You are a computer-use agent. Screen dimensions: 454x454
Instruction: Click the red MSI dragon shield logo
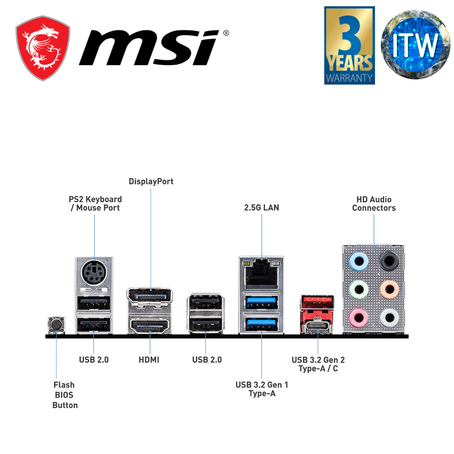coord(43,48)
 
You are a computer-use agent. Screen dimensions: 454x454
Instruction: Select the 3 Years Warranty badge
coord(349,45)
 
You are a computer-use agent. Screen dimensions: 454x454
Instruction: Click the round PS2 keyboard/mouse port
coord(94,273)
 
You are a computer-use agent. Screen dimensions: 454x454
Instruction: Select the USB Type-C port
coord(317,326)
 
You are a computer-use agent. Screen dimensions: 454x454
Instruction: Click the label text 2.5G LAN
coord(262,207)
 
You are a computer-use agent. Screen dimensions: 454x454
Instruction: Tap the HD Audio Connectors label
coord(374,203)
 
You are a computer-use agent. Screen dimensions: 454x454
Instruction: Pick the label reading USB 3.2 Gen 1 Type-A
coord(262,389)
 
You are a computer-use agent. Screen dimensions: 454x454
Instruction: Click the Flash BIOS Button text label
coord(65,395)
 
